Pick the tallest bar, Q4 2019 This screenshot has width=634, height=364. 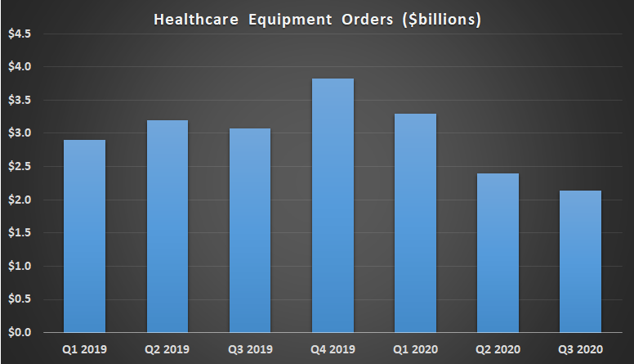click(x=333, y=205)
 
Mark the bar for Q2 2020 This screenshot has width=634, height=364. click(x=498, y=253)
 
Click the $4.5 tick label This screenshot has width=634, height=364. click(x=20, y=34)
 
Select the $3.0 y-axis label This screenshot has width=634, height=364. click(x=20, y=133)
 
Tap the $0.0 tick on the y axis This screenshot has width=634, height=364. click(x=20, y=333)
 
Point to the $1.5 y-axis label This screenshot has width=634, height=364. click(x=20, y=233)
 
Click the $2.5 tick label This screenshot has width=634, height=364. click(x=20, y=167)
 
